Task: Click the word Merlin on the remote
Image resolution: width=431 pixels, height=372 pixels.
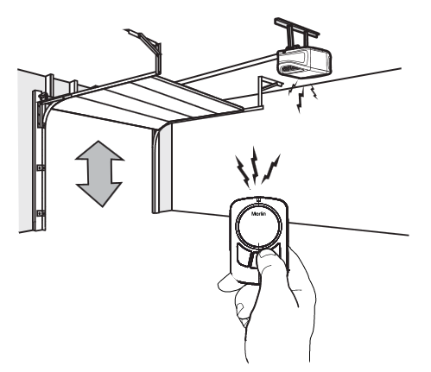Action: pos(258,214)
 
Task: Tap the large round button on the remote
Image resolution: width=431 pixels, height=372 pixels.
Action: pos(259,225)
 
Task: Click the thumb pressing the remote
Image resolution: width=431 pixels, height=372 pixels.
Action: pos(267,261)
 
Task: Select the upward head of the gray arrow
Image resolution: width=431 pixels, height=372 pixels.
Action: pos(99,151)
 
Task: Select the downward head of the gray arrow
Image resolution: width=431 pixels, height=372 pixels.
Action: pos(99,194)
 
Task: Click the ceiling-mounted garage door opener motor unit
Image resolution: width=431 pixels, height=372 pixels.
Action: pos(303,63)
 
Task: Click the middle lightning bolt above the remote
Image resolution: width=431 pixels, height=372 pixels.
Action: pos(255,166)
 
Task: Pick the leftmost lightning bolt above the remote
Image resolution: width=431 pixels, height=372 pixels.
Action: pos(243,172)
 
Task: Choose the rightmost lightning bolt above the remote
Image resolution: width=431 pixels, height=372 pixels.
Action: pos(271,169)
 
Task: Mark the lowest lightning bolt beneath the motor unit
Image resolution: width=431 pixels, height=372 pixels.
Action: pos(301,100)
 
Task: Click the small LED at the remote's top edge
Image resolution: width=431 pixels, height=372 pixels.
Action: pos(258,199)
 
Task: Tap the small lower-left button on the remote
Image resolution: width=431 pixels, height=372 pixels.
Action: pos(242,254)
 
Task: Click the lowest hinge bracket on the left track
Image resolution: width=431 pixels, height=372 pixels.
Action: pos(41,213)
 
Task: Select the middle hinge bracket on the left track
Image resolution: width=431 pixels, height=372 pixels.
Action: pos(41,167)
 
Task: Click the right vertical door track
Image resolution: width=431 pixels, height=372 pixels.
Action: pos(155,171)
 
